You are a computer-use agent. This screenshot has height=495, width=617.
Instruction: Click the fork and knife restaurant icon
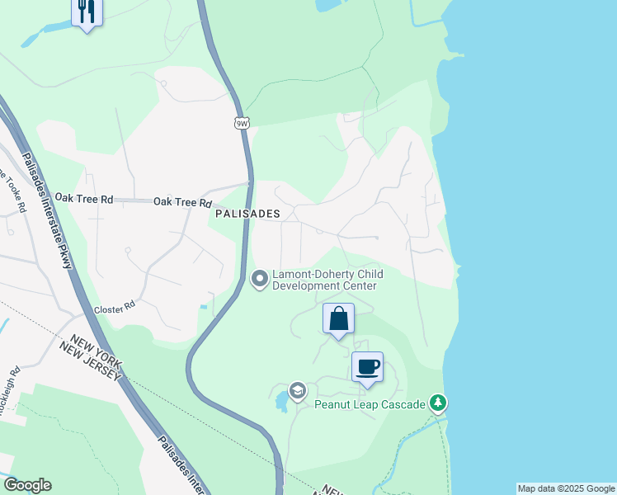(87, 12)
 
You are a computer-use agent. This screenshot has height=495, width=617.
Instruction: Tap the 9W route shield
(242, 124)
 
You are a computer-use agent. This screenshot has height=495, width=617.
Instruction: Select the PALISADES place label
(247, 213)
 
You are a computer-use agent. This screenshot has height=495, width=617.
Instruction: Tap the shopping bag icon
(338, 318)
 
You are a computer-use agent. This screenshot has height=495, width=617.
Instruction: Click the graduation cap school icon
(297, 390)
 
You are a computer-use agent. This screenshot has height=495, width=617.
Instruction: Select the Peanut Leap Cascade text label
(370, 404)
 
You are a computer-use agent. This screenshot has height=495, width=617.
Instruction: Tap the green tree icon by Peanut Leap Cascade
(440, 403)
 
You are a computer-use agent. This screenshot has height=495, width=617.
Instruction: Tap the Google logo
(27, 485)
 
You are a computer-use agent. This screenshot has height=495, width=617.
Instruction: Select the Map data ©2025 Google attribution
(566, 488)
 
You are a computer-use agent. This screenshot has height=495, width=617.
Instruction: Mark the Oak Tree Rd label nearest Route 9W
(182, 202)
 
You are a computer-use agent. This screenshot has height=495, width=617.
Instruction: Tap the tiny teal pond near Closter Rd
(204, 307)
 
